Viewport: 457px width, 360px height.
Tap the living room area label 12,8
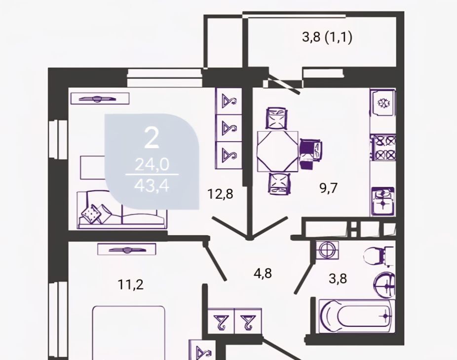tap(220, 194)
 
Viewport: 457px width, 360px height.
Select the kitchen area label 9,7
tap(328, 188)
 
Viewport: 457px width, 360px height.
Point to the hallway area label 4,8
tap(263, 273)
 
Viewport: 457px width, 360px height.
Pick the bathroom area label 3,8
tap(338, 279)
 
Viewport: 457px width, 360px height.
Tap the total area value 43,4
tap(152, 185)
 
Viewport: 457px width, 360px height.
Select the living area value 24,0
tap(152, 165)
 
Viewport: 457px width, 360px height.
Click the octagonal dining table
tap(277, 151)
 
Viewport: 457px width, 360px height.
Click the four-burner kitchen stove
tap(383, 147)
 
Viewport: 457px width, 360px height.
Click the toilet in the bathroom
tap(379, 255)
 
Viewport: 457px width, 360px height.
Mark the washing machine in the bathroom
tap(328, 250)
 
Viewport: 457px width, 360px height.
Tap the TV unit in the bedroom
tap(126, 250)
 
